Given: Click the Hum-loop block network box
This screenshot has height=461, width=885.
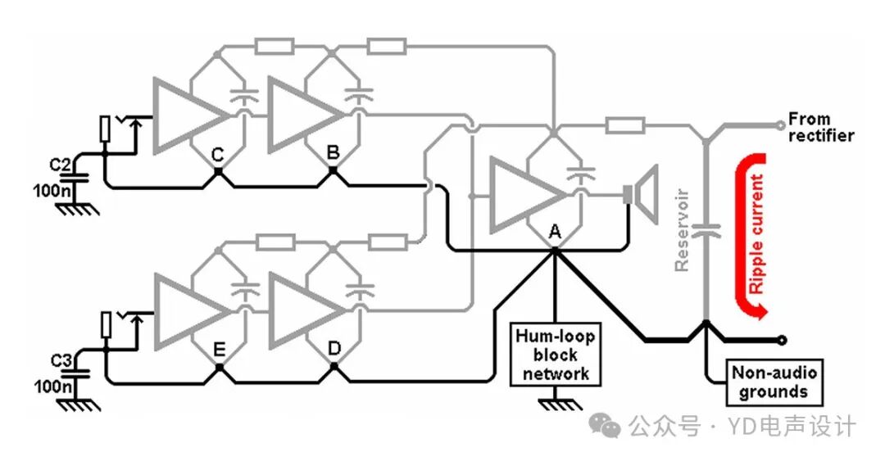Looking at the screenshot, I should pyautogui.click(x=554, y=355).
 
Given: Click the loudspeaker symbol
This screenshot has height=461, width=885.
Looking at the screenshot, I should pyautogui.click(x=642, y=195).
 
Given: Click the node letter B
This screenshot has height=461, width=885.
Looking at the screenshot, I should pyautogui.click(x=334, y=151).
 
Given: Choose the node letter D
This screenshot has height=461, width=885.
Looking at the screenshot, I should pyautogui.click(x=334, y=348).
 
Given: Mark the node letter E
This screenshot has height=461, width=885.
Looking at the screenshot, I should pyautogui.click(x=218, y=348).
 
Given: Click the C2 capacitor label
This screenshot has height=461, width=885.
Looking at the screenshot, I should pyautogui.click(x=60, y=165).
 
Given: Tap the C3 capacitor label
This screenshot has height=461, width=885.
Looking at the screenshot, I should pyautogui.click(x=60, y=360).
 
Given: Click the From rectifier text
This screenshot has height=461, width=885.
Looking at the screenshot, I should pyautogui.click(x=819, y=127).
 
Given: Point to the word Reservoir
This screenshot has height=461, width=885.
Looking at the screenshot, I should pyautogui.click(x=683, y=230).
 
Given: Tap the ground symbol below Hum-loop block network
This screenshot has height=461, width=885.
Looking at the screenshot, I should pyautogui.click(x=554, y=402).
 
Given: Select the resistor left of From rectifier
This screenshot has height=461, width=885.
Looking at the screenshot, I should pyautogui.click(x=624, y=125).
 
